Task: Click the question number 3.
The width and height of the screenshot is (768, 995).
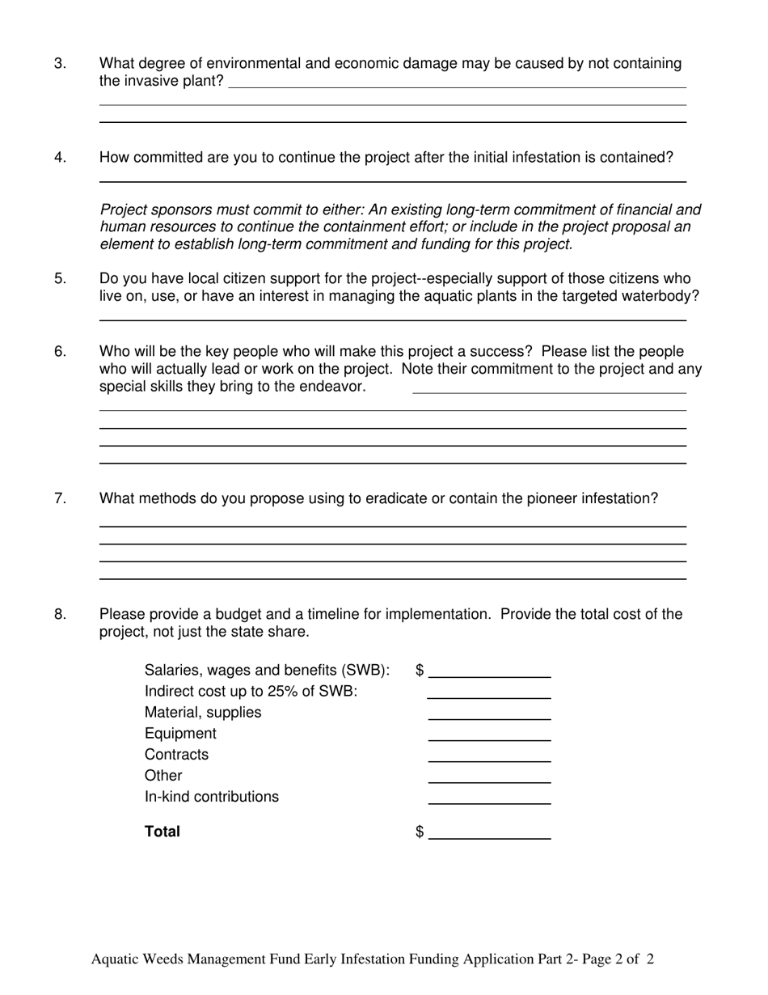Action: [60, 64]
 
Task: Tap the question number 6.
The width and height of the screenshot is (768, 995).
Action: [60, 352]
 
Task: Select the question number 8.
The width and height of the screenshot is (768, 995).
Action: [60, 615]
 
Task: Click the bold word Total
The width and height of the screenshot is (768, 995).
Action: [162, 832]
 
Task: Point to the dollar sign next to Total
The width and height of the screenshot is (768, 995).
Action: [420, 832]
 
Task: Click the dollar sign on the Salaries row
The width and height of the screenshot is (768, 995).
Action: [420, 671]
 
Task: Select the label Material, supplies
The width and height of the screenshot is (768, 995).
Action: [203, 713]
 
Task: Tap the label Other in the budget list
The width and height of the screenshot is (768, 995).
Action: [163, 776]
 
